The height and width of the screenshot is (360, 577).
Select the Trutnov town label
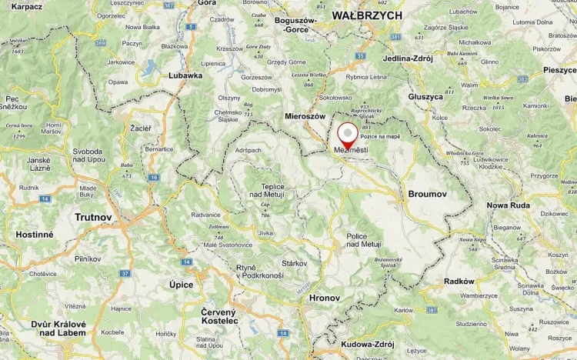pos(93,218)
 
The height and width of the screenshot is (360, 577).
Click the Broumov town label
pos(428,195)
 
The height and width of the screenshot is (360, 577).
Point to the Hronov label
pos(324,297)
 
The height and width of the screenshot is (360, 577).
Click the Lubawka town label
pos(185,75)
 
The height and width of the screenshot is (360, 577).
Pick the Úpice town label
pos(181,285)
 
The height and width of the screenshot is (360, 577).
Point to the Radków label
pos(459,282)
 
